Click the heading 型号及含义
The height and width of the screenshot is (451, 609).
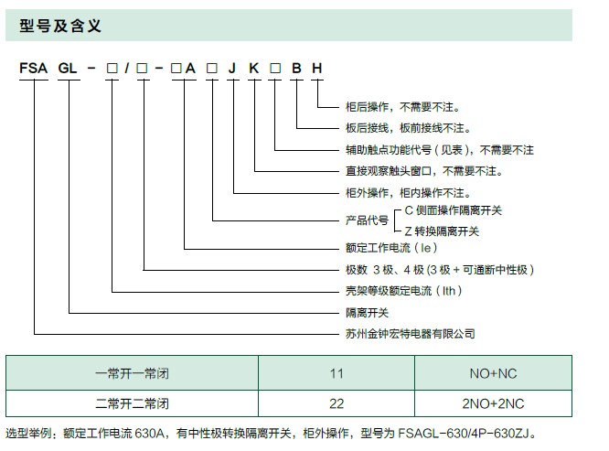pyautogui.click(x=60, y=26)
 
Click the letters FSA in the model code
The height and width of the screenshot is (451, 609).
pyautogui.click(x=34, y=69)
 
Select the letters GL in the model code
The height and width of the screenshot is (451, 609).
pyautogui.click(x=68, y=69)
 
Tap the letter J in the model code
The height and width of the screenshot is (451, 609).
pyautogui.click(x=232, y=69)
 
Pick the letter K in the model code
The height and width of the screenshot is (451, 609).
pyautogui.click(x=253, y=69)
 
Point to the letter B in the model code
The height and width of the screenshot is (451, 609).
pyautogui.click(x=296, y=69)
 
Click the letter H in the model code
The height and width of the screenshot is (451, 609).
pyautogui.click(x=317, y=69)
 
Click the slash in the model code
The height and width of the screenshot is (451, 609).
pyautogui.click(x=127, y=69)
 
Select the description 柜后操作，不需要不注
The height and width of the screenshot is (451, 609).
pyautogui.click(x=402, y=107)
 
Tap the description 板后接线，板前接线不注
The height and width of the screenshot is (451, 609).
pyautogui.click(x=408, y=128)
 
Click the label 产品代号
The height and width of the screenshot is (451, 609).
pyautogui.click(x=367, y=220)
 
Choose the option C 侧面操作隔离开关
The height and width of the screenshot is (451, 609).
pyautogui.click(x=454, y=210)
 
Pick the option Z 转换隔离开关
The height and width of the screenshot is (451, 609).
pyautogui.click(x=442, y=231)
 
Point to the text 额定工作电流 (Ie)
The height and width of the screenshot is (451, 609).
pyautogui.click(x=391, y=248)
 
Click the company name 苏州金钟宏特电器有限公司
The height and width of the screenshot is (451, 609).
pyautogui.click(x=411, y=334)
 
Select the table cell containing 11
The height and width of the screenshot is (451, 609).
pyautogui.click(x=337, y=373)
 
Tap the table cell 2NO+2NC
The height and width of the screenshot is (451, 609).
pyautogui.click(x=493, y=403)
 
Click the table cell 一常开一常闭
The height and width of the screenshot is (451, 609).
pyautogui.click(x=132, y=373)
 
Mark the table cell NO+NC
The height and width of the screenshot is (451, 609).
pyautogui.click(x=493, y=373)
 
